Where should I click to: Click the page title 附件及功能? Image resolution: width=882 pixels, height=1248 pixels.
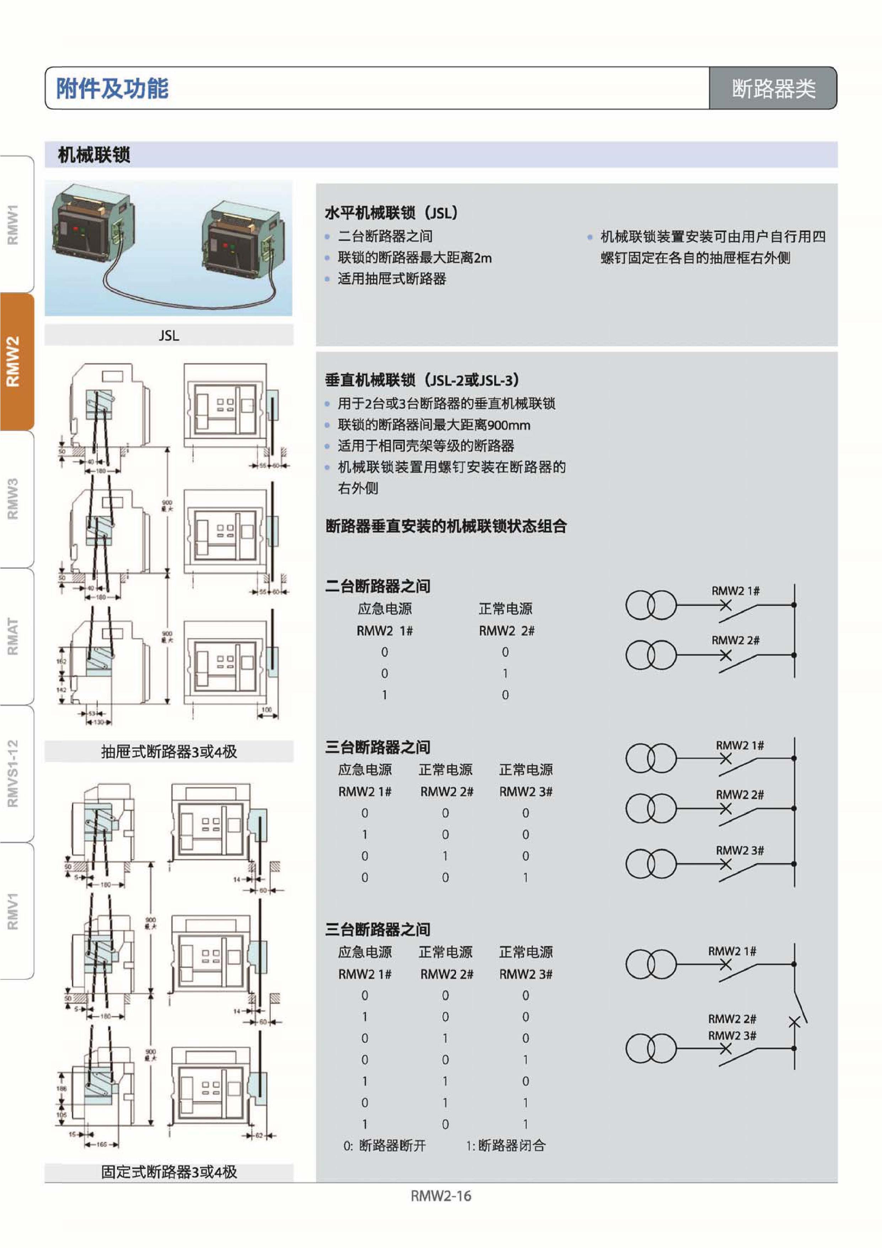pyautogui.click(x=112, y=88)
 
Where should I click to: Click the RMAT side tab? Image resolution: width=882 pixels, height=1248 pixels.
pyautogui.click(x=13, y=636)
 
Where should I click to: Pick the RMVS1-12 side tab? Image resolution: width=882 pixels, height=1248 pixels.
pyautogui.click(x=13, y=773)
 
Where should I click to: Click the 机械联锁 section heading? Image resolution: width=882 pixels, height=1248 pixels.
pyautogui.click(x=94, y=155)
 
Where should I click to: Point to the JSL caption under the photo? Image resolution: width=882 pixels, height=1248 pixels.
pyautogui.click(x=169, y=335)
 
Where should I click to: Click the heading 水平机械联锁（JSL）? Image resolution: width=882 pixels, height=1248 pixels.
pyautogui.click(x=391, y=213)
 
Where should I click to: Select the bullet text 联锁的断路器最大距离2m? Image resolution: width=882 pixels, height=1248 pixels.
pyautogui.click(x=414, y=257)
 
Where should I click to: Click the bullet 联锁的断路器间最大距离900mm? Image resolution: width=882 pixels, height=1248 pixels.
pyautogui.click(x=434, y=425)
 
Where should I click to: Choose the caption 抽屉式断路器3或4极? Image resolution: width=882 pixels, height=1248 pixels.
pyautogui.click(x=169, y=752)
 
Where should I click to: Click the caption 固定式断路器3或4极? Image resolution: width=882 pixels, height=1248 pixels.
pyautogui.click(x=169, y=1172)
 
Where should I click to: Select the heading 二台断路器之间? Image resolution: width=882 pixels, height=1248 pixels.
pyautogui.click(x=377, y=586)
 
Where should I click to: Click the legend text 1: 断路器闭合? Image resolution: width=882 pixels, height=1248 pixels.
pyautogui.click(x=506, y=1145)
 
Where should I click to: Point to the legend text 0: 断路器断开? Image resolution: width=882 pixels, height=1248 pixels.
pyautogui.click(x=384, y=1145)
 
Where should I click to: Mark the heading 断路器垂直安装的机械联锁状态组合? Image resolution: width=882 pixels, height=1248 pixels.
pyautogui.click(x=445, y=526)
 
